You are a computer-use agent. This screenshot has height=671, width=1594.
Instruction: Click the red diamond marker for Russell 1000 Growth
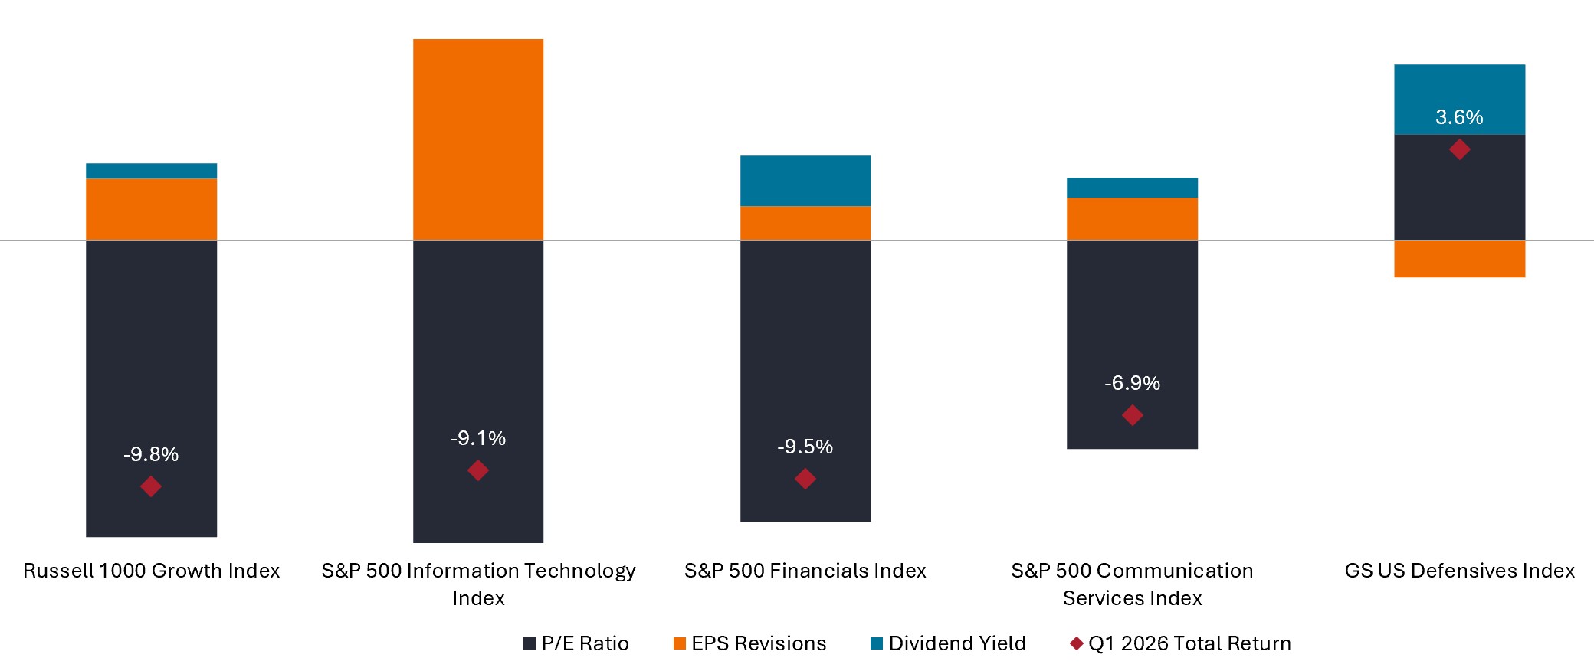[151, 486]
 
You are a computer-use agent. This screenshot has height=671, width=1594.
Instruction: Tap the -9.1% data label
[478, 438]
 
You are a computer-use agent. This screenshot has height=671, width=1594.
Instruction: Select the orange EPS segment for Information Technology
[478, 139]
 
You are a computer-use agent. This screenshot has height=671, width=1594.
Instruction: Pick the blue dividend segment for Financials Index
[805, 181]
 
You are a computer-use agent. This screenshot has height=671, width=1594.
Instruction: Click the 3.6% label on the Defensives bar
[1459, 117]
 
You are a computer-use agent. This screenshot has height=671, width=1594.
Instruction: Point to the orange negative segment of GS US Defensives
[1459, 259]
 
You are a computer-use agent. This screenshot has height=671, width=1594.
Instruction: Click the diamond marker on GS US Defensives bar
[1460, 149]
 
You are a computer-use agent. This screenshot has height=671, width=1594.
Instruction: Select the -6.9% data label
[1132, 383]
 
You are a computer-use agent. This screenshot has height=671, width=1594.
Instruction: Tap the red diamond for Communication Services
[1133, 415]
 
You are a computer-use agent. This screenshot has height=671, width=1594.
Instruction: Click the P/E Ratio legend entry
[576, 643]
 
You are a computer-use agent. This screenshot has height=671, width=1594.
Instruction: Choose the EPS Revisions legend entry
[749, 643]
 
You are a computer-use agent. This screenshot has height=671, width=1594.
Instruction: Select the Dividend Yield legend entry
[948, 643]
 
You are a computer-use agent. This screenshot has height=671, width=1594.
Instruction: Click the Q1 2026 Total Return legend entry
[1180, 643]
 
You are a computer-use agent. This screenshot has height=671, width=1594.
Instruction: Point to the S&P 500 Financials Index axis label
[805, 571]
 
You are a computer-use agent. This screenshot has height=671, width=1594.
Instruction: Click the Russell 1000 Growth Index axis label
[151, 571]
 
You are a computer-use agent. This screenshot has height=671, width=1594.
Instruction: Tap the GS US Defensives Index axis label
[1459, 571]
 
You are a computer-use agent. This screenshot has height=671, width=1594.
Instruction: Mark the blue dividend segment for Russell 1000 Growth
[151, 171]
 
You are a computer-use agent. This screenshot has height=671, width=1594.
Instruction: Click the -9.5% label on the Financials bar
[805, 447]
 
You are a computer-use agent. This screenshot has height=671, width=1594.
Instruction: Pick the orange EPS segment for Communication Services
[1132, 219]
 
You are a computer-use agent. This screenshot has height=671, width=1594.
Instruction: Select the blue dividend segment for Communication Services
[1132, 188]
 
